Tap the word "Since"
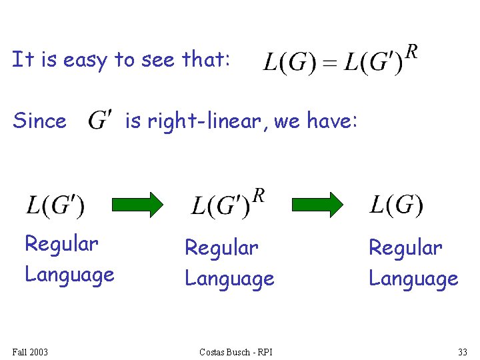coord(39,121)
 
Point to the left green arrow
coord(137,205)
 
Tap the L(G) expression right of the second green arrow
coord(396,205)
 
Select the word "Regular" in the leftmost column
coord(61,245)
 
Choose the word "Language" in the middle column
coord(229,278)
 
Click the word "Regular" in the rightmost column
coord(405,248)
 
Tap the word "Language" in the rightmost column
coord(413,278)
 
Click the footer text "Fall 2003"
coord(30,351)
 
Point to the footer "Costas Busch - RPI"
coord(236,351)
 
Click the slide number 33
coord(462,351)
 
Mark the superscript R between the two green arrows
coord(259,195)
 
